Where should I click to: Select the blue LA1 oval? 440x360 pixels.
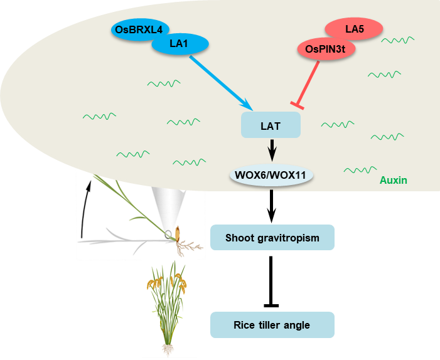coord(179,44)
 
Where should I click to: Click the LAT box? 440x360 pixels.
coord(271,126)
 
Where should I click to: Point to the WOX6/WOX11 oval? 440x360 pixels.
coord(271,175)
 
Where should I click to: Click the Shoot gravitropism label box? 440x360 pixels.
coord(272,238)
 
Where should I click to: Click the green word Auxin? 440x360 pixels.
coord(394,181)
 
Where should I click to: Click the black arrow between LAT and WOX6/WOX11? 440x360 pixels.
coord(272,149)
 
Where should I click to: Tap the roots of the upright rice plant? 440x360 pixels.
coord(168,349)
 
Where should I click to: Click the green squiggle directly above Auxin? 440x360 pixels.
coord(359,169)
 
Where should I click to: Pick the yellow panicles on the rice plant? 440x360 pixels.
coord(167,281)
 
